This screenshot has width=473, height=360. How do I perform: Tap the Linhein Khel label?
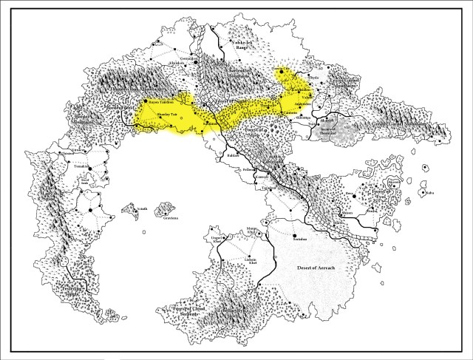click(x=250, y=259)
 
